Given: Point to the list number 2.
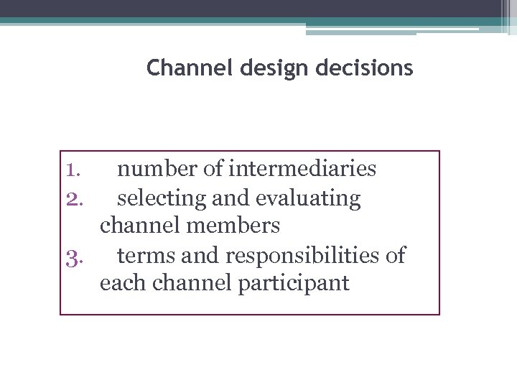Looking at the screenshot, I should (x=74, y=198).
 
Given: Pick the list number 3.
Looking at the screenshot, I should (x=74, y=256).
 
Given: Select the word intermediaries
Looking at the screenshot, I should (x=302, y=170).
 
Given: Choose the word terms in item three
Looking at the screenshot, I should (x=143, y=255).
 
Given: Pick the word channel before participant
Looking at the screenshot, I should (x=183, y=284).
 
